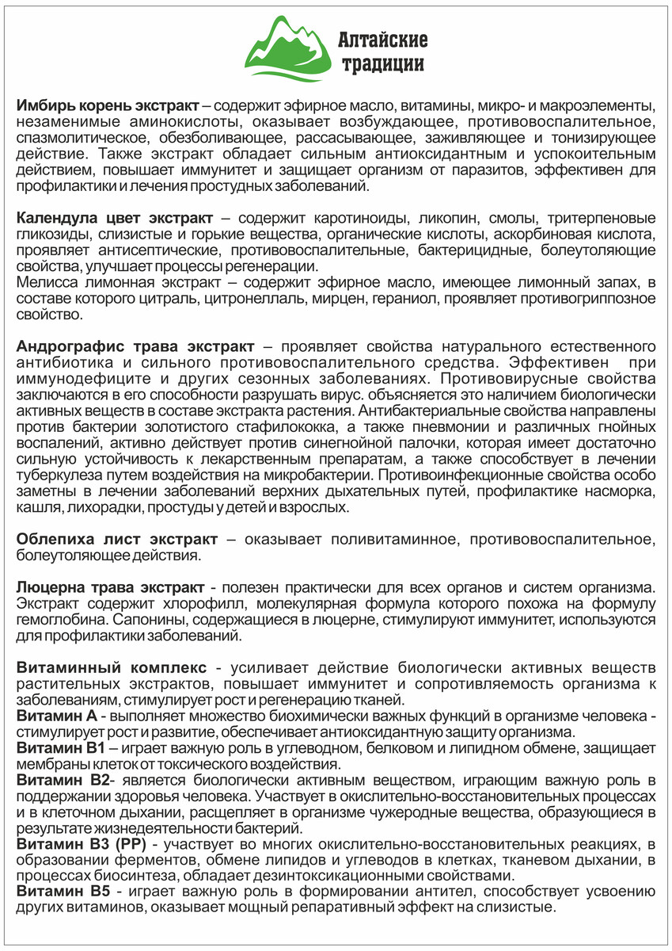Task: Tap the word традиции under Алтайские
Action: point(382,63)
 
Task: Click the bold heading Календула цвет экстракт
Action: point(115,218)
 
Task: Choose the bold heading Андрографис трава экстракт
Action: point(135,347)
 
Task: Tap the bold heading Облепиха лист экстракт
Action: point(116,540)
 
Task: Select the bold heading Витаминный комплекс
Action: point(112,668)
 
